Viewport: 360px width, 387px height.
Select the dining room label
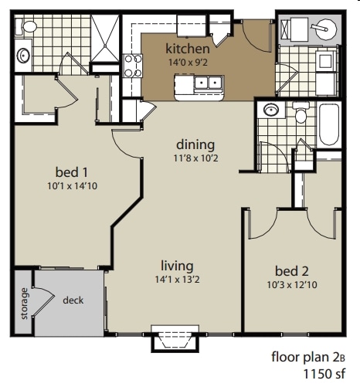(195, 144)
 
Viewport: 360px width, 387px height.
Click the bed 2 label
(292, 270)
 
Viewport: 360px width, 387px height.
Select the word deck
(73, 300)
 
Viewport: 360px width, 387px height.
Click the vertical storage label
(24, 302)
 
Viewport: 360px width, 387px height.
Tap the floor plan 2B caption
(313, 357)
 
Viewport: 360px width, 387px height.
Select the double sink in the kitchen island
(205, 82)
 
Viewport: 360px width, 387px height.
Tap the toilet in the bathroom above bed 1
(29, 26)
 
